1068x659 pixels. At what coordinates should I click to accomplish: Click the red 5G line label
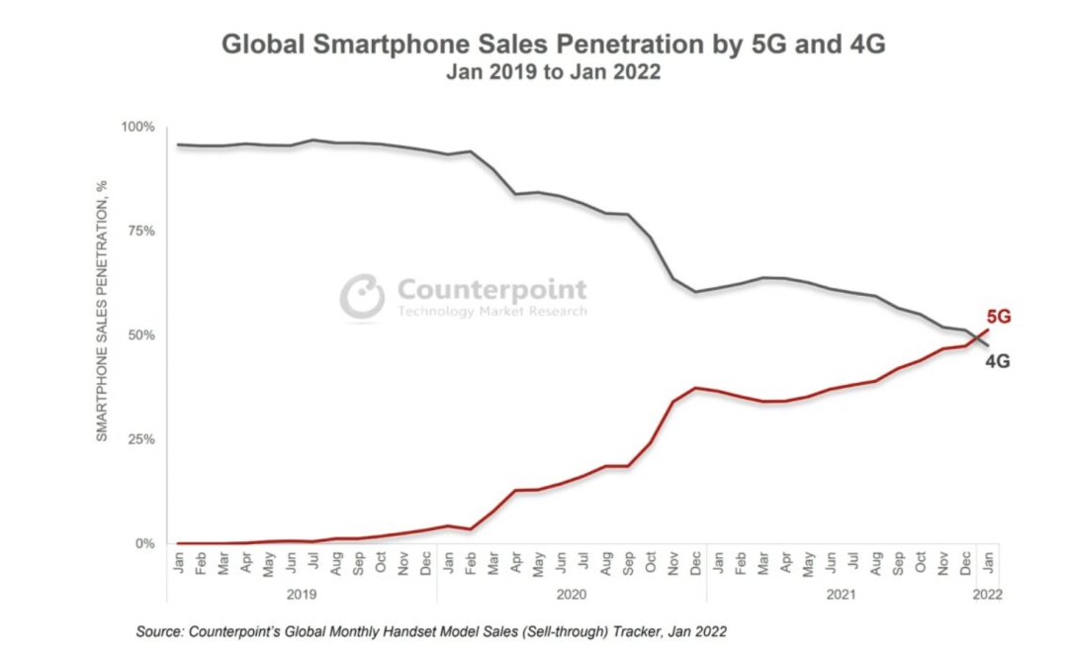999,318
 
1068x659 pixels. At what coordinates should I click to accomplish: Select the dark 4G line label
998,362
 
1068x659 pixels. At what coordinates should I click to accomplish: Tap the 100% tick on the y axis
137,127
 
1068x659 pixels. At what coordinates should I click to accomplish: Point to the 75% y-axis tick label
140,231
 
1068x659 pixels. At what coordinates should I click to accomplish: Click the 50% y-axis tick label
140,335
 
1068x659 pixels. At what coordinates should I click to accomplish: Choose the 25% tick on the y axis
140,439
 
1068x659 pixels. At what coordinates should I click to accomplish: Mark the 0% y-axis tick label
144,543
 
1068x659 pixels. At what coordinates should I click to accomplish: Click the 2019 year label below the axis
302,596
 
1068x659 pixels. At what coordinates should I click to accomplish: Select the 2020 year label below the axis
571,596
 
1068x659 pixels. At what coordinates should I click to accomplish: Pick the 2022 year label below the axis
987,596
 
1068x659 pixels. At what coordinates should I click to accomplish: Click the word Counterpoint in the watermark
491,290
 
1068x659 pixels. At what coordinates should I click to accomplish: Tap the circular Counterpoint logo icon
362,296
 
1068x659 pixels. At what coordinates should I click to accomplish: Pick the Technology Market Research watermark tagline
491,312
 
